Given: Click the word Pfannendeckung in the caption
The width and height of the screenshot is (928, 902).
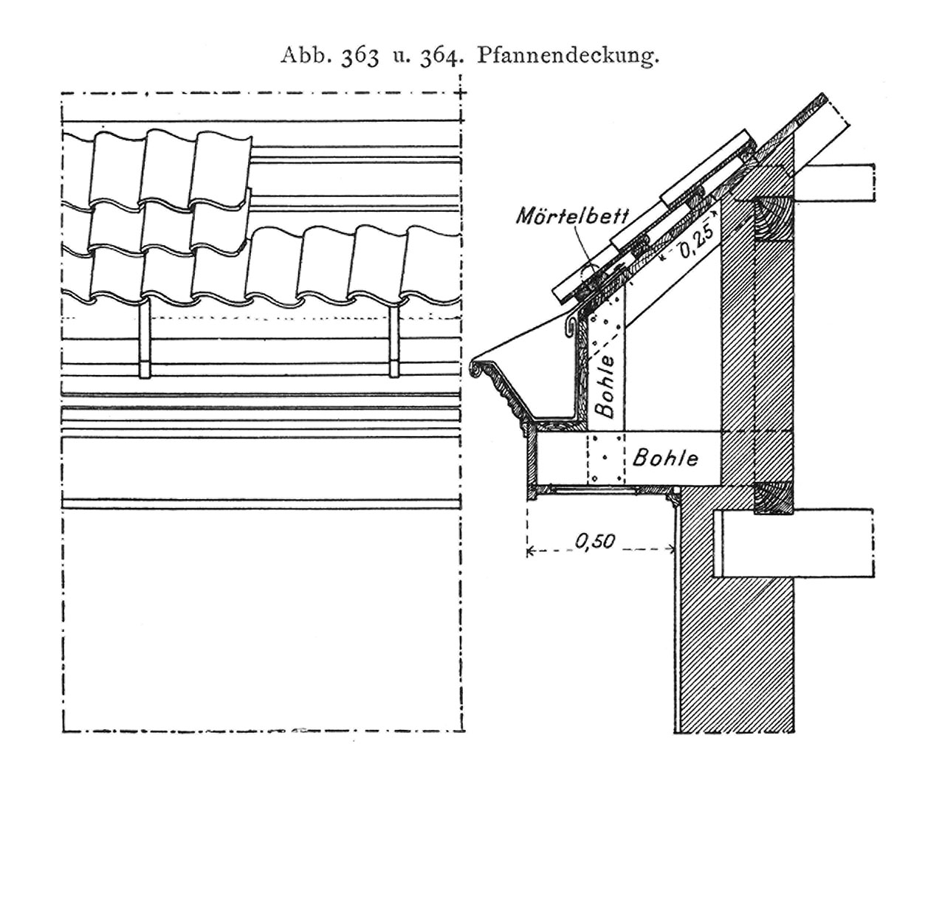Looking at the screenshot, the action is click(568, 57).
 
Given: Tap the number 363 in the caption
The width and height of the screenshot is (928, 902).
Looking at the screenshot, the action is click(360, 56).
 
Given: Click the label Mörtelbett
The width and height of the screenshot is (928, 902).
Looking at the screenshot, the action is click(572, 216).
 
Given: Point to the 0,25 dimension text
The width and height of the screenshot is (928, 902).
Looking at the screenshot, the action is click(697, 241).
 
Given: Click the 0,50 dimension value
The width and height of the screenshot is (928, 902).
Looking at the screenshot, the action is click(596, 541).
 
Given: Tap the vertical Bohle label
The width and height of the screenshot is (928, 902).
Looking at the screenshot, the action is click(607, 387).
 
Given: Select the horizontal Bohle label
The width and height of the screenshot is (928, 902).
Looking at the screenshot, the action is click(666, 458).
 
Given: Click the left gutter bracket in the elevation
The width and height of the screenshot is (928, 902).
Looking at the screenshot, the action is click(145, 338).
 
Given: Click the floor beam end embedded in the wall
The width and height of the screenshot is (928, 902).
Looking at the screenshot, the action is click(794, 543).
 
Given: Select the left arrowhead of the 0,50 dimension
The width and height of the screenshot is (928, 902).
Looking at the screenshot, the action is click(530, 551).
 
